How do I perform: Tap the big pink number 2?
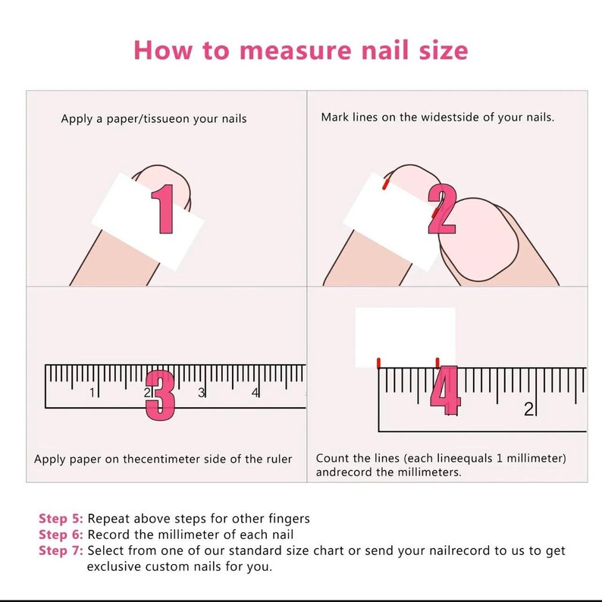click(442, 209)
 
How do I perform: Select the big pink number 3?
click(160, 396)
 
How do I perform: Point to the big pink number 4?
click(445, 390)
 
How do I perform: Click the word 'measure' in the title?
click(296, 51)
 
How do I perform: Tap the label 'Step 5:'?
click(61, 519)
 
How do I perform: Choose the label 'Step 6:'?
click(61, 535)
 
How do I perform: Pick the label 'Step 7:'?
click(61, 550)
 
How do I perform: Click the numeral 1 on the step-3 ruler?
click(92, 393)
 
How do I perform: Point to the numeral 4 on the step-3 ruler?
click(255, 393)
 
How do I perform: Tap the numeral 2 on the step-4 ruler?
click(528, 409)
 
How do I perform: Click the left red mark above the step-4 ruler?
click(379, 363)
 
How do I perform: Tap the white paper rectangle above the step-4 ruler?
click(405, 337)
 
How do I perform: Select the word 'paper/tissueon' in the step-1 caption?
click(148, 119)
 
